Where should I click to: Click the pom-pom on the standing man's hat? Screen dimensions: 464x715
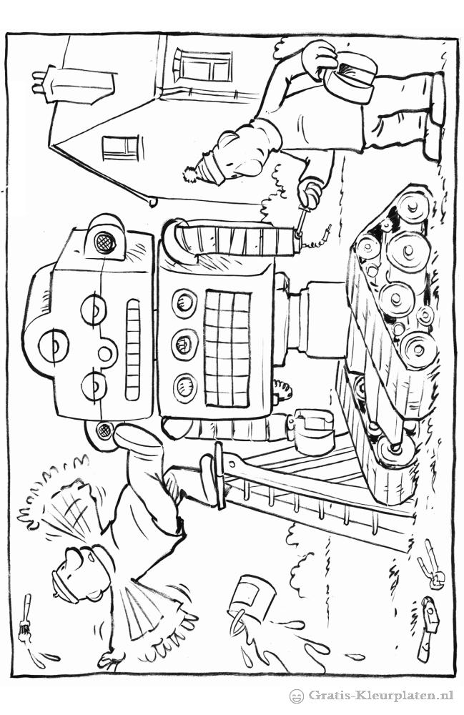point(189,174)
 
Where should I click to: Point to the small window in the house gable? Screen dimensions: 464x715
point(120,148)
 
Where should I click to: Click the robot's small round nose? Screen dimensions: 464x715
point(105,353)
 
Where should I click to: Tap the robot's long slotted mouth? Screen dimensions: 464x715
point(133,350)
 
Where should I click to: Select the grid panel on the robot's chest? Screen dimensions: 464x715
point(227,348)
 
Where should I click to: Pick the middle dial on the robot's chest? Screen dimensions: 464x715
point(185,344)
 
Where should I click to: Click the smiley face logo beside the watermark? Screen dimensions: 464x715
point(297,696)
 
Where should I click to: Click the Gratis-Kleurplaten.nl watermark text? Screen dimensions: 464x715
point(381,696)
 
